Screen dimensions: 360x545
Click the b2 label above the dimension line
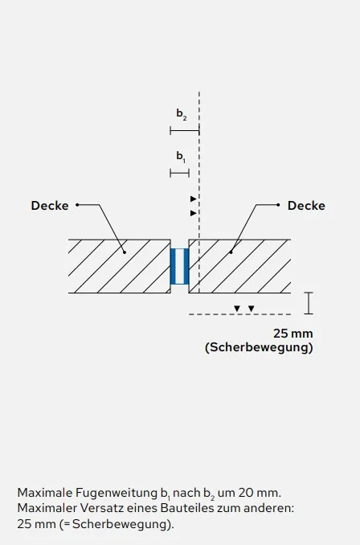[182, 114]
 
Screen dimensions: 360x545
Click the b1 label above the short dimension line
[181, 157]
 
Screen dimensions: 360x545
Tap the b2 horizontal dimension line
[185, 131]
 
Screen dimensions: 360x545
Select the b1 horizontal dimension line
[180, 173]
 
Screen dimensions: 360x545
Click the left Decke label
[50, 206]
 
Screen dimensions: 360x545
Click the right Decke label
[306, 206]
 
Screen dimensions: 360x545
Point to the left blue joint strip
[173, 266]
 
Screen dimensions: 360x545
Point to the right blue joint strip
[186, 266]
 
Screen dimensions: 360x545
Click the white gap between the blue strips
[180, 266]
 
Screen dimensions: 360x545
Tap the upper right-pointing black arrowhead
[193, 199]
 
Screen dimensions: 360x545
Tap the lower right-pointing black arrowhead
[193, 213]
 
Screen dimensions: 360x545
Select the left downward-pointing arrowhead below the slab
[237, 309]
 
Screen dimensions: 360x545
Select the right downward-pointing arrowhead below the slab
[252, 309]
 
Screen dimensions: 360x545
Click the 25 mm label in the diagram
[293, 334]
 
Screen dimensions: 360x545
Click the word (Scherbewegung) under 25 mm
[259, 347]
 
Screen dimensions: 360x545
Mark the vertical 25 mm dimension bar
[309, 303]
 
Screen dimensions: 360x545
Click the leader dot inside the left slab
[125, 252]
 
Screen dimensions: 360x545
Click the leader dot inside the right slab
[231, 252]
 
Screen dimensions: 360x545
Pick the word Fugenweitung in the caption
[117, 494]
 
